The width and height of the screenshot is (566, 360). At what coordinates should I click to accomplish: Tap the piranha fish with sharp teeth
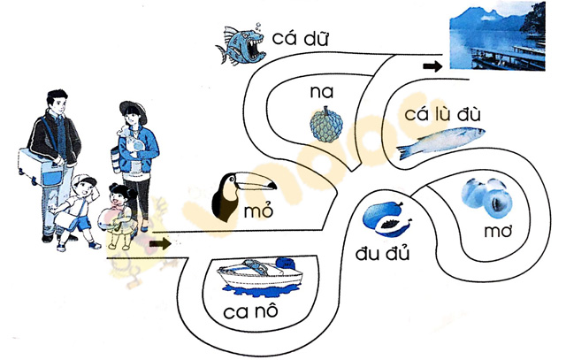point(241,44)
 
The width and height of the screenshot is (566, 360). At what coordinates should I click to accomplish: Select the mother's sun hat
point(133,108)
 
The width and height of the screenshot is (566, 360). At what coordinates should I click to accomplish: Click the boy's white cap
point(84,181)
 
